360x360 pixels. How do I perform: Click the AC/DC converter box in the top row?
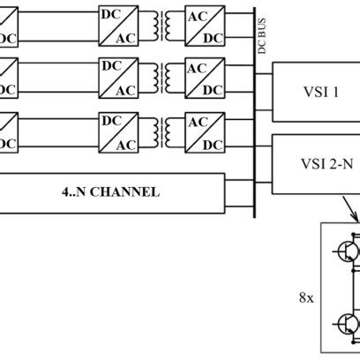(x=202, y=26)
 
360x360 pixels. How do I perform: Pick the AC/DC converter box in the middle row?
(x=202, y=78)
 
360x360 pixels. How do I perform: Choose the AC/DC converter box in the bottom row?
(x=202, y=132)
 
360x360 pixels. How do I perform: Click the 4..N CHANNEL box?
(x=112, y=192)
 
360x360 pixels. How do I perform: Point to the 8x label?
(x=306, y=297)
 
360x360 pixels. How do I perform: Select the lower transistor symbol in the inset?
(x=344, y=326)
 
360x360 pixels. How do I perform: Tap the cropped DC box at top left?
(x=9, y=26)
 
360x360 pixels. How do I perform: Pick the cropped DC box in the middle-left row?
(x=9, y=78)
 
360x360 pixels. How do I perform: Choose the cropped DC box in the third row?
(x=9, y=132)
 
